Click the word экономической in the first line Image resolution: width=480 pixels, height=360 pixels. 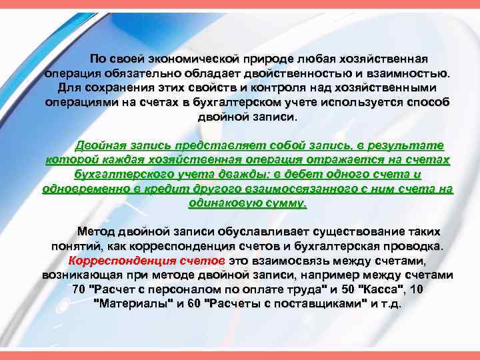185,59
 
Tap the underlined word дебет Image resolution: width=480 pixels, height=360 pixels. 311,175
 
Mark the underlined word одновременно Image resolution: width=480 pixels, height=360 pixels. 83,189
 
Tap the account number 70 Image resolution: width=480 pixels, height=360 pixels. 78,290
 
